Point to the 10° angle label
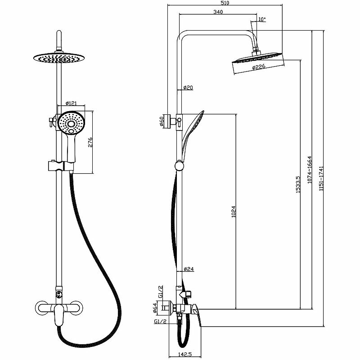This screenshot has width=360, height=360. [262, 19]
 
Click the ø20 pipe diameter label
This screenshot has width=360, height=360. [188, 87]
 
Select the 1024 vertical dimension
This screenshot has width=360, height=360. [233, 212]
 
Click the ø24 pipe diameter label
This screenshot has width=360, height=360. [189, 270]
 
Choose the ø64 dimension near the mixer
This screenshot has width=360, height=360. [155, 308]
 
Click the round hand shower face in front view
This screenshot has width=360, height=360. [71, 123]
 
